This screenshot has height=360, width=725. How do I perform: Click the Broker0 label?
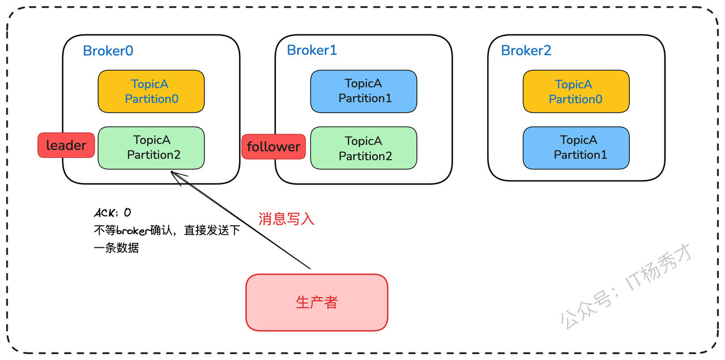(x=108, y=51)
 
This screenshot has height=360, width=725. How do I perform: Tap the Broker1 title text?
(x=312, y=50)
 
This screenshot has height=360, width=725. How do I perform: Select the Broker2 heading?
(x=526, y=50)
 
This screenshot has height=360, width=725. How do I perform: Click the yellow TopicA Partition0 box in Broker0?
(x=151, y=92)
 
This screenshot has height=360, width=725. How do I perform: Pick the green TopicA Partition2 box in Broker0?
(x=151, y=148)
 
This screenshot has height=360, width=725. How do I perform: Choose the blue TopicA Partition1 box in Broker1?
(x=364, y=92)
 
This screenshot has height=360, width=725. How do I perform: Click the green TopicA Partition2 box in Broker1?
(x=364, y=148)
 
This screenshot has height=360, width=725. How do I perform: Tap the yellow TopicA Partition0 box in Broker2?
(x=576, y=92)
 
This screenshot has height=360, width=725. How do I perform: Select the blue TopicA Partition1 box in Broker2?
(x=576, y=148)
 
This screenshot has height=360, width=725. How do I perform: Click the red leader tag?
(x=66, y=145)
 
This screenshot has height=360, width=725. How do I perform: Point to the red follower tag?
(x=274, y=147)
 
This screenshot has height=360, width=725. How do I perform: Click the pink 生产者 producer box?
(x=317, y=302)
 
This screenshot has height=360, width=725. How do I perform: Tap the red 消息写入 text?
(x=286, y=219)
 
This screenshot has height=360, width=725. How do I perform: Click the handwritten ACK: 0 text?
(x=112, y=213)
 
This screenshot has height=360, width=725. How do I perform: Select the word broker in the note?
(x=133, y=230)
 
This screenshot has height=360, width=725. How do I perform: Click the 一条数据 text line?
(x=116, y=248)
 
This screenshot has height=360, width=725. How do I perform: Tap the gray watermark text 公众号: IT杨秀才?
(x=626, y=286)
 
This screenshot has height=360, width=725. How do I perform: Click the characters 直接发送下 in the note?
(x=212, y=230)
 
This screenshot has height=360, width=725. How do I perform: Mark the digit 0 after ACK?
(x=127, y=212)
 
